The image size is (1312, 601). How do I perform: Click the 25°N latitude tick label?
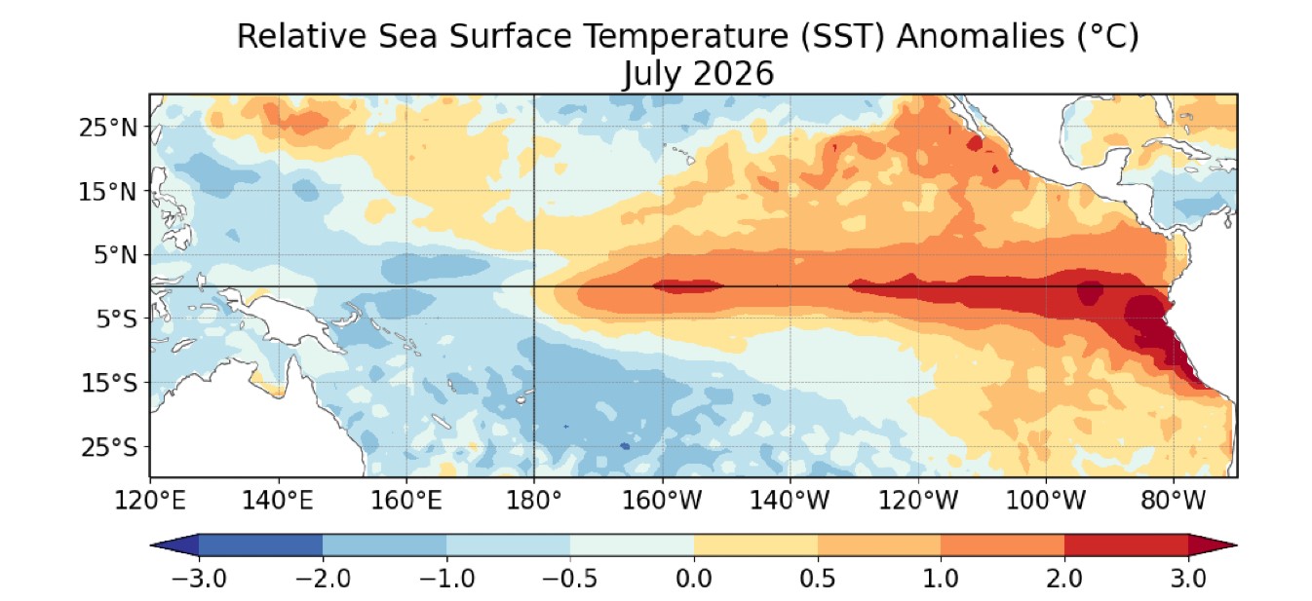[x=108, y=128]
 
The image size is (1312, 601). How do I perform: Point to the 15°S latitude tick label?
[x=109, y=384]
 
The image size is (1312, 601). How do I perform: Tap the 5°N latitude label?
[x=115, y=256]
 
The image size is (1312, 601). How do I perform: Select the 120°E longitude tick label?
[x=150, y=501]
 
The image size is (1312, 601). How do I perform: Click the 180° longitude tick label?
[x=533, y=501]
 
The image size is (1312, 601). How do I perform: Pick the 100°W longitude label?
[x=1046, y=501]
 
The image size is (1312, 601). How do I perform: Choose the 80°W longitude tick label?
[x=1174, y=501]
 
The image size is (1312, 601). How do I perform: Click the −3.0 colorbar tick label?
[x=199, y=579]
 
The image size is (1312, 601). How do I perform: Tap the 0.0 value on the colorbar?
[x=694, y=579]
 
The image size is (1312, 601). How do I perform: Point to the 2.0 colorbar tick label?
[x=1064, y=579]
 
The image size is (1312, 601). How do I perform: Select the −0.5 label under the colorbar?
[x=570, y=579]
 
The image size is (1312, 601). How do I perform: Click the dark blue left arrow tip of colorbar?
[x=152, y=545]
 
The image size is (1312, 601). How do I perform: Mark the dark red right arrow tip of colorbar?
[x=1236, y=545]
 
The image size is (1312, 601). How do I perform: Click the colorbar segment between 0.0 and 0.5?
[x=755, y=545]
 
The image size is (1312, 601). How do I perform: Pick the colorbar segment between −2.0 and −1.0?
[x=384, y=545]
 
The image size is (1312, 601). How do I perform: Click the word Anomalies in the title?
[x=981, y=36]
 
